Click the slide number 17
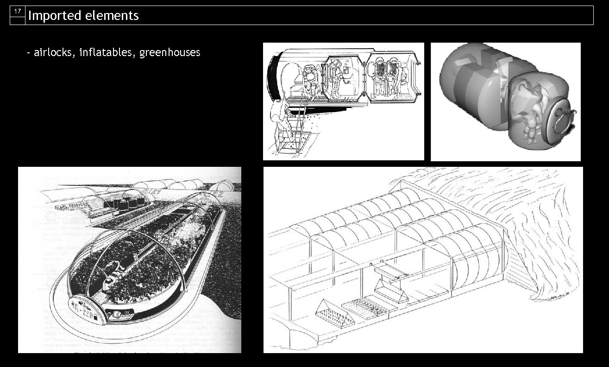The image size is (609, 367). click(17, 11)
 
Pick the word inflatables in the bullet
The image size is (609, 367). click(107, 52)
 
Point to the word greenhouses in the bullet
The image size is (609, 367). click(170, 52)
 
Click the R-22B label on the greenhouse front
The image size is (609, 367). click(83, 305)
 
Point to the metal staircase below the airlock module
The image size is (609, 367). click(291, 134)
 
